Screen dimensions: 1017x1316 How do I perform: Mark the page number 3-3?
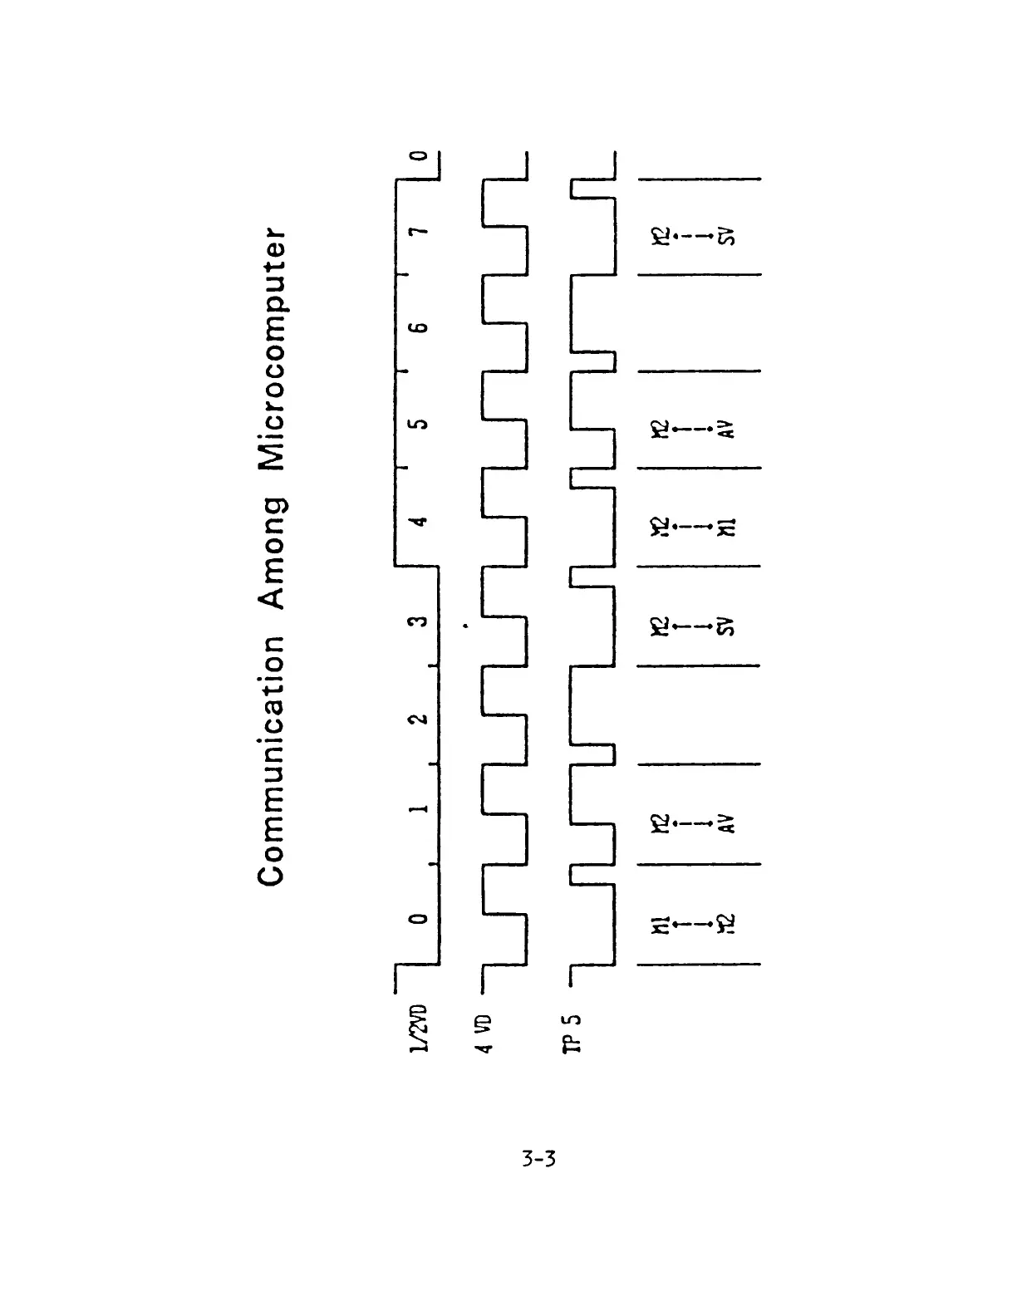(538, 1157)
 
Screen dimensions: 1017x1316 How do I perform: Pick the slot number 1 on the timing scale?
(420, 808)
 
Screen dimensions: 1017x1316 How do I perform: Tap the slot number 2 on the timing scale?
(420, 717)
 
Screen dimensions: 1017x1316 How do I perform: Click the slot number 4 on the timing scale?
(420, 522)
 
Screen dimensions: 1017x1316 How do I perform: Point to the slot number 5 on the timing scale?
(420, 424)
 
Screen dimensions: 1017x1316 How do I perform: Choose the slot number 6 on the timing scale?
(420, 327)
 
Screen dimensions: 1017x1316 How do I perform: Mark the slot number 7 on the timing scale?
(420, 229)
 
